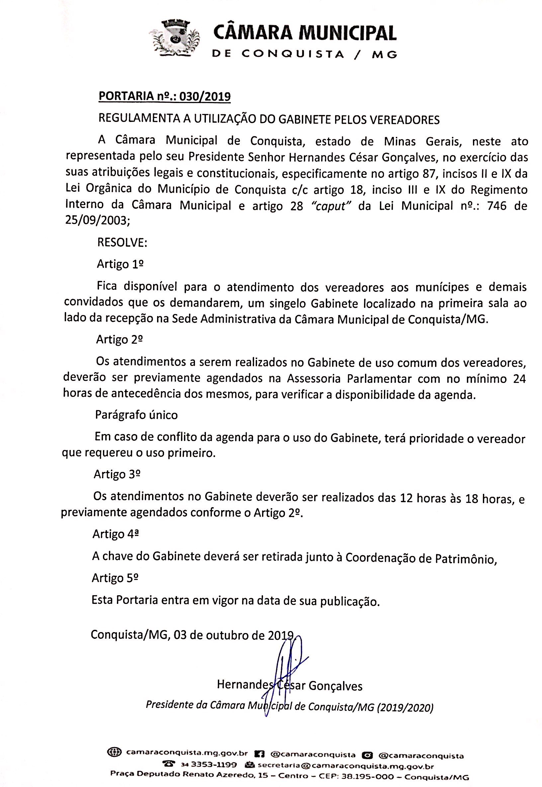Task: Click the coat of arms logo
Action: coord(175,38)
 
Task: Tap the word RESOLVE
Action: coord(122,243)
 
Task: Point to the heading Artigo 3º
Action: coord(117,474)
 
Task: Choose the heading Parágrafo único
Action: coord(136,415)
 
